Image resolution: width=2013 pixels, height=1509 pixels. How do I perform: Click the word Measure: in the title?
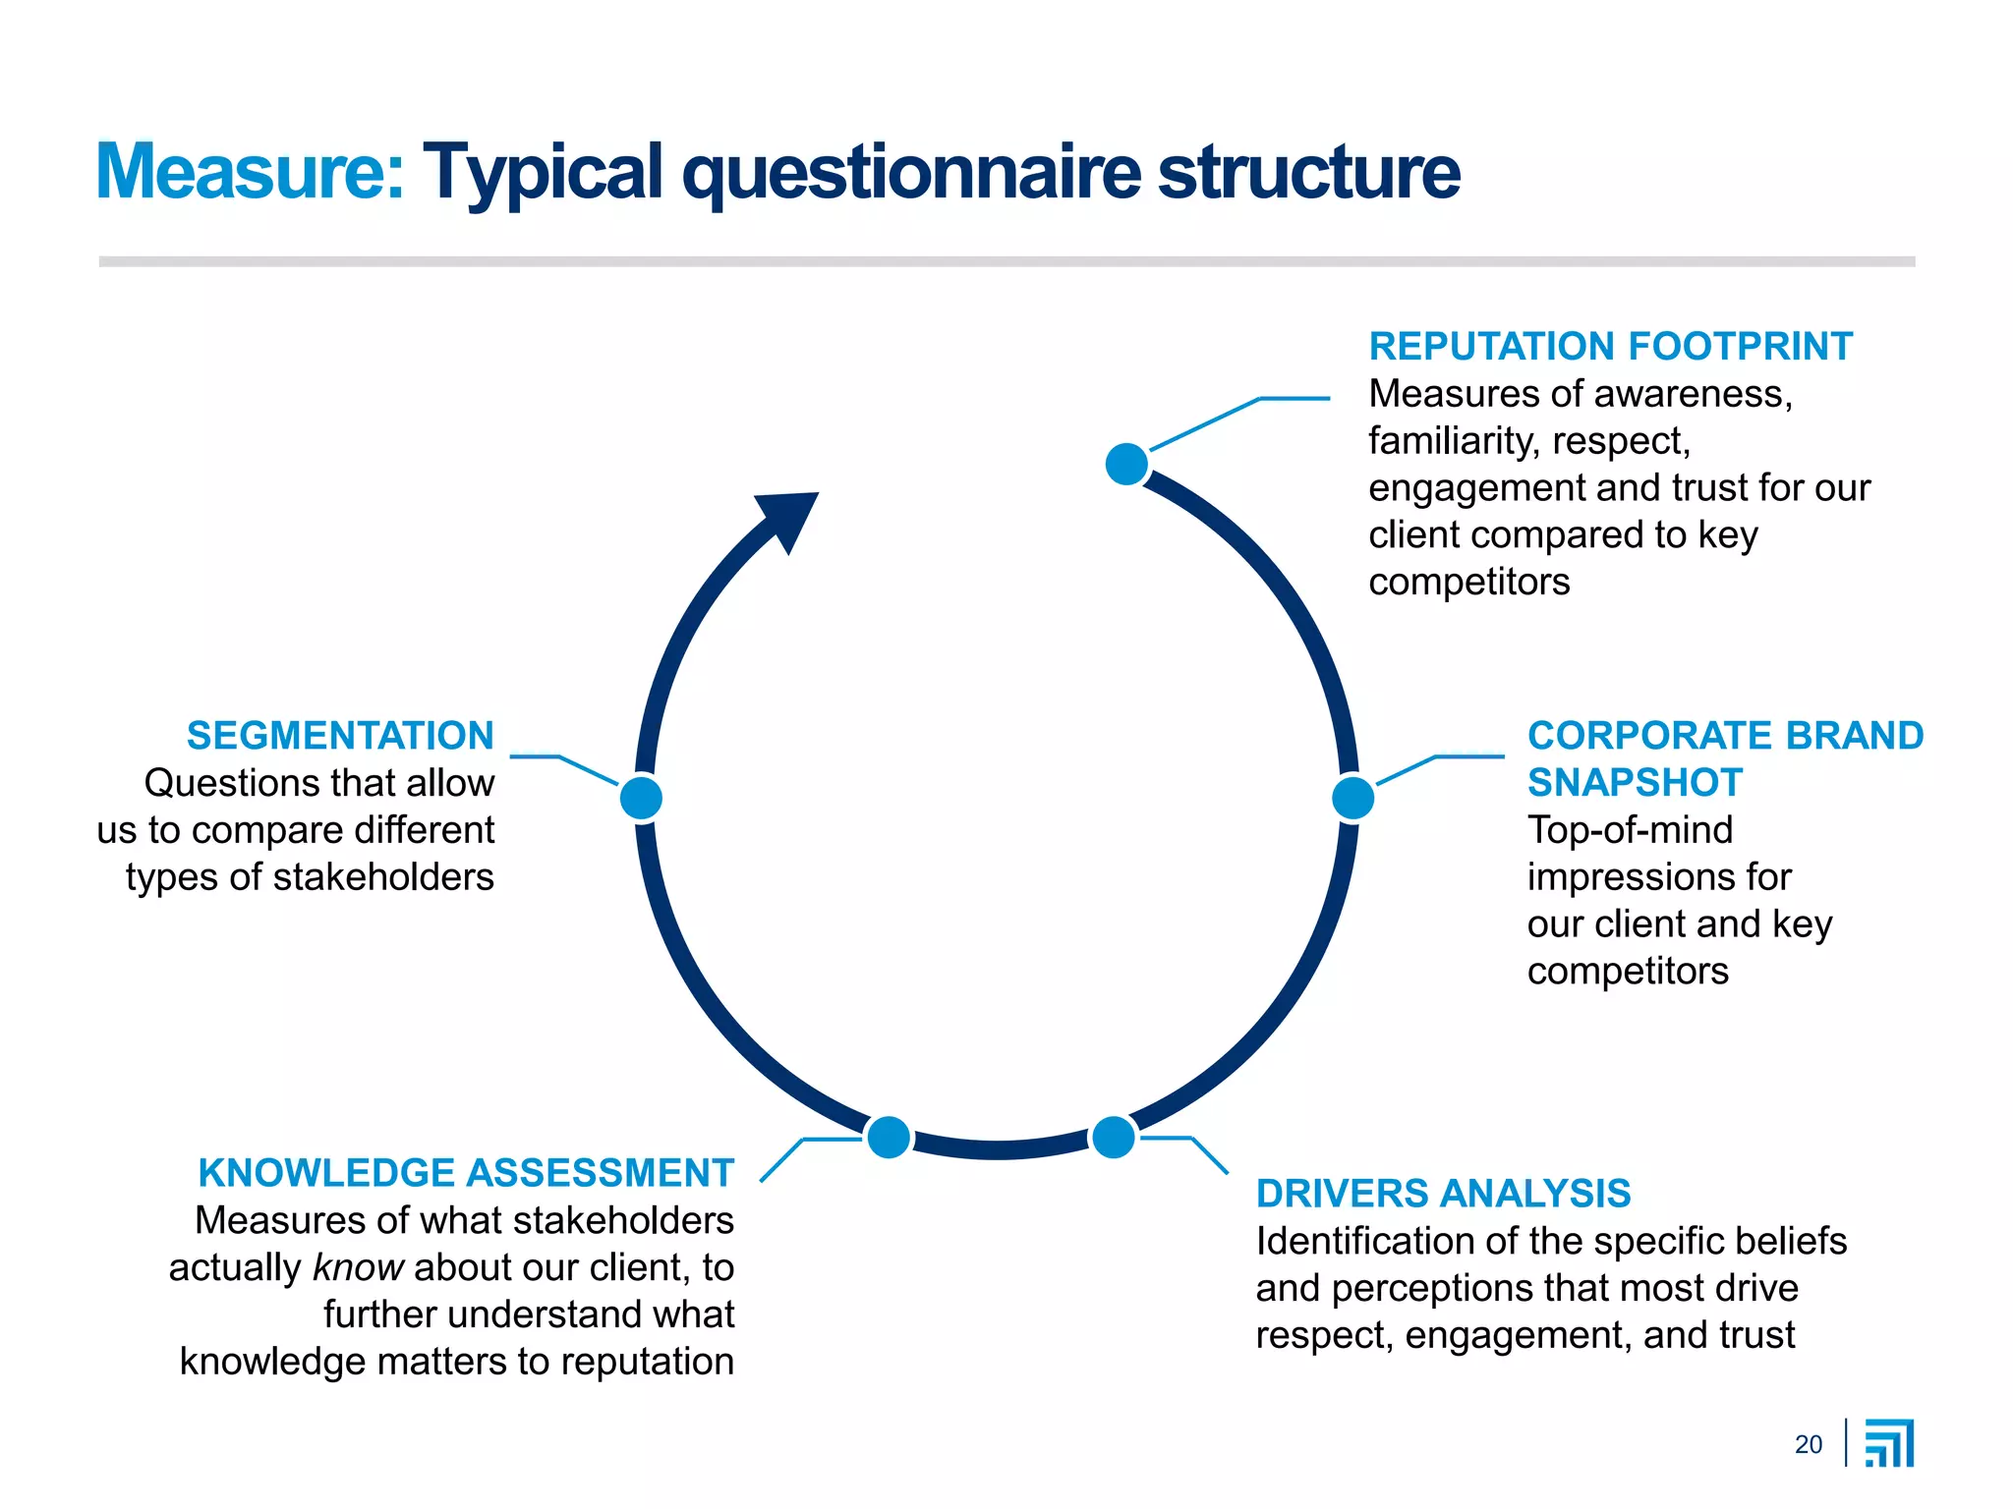coord(250,172)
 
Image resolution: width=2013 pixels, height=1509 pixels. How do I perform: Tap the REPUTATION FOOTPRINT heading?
coord(1610,347)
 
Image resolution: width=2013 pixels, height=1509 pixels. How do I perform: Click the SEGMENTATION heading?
coord(340,736)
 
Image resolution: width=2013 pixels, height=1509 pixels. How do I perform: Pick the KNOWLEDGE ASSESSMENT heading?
coord(466,1173)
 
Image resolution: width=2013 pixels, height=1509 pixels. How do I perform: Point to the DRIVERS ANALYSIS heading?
coord(1443,1194)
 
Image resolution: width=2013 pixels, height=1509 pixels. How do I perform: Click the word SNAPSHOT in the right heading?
coord(1635,783)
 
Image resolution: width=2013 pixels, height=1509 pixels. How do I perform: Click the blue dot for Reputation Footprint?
coord(1126,464)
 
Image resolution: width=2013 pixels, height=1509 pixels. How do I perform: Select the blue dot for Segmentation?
coord(642,797)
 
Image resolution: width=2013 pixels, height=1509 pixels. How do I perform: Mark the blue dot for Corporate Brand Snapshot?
coord(1352,798)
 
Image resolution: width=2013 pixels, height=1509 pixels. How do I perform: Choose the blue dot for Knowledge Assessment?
coord(889,1138)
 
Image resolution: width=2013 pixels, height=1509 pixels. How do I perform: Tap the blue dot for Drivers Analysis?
coord(1113,1138)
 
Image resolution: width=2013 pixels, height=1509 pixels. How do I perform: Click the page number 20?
coord(1808,1444)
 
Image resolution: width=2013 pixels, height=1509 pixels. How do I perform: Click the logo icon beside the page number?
coord(1889,1443)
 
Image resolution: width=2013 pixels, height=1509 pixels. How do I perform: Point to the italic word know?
coord(358,1267)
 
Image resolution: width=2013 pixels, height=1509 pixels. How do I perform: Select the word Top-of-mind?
coord(1630,830)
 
